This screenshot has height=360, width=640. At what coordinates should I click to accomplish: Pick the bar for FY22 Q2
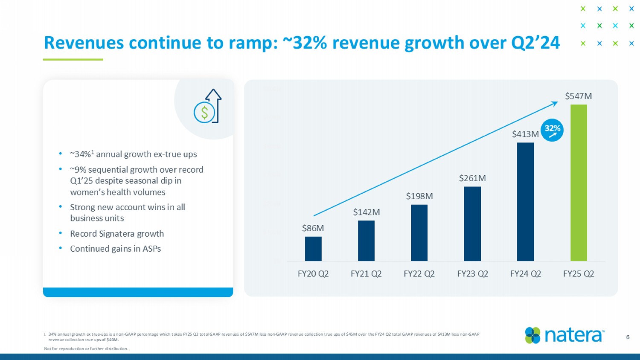click(419, 233)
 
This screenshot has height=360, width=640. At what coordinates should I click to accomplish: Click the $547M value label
click(578, 96)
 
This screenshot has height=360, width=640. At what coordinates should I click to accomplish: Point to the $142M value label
click(366, 212)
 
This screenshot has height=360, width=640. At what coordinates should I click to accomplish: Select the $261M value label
click(472, 178)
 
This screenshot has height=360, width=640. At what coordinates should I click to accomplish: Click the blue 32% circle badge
click(552, 130)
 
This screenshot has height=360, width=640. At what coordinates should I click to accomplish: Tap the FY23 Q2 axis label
click(472, 274)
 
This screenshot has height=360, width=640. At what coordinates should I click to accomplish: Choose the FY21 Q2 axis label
click(366, 274)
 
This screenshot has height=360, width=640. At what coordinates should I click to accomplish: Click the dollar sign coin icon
click(204, 113)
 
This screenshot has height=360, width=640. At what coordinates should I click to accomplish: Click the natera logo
click(564, 336)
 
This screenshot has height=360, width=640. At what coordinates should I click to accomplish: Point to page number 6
click(628, 337)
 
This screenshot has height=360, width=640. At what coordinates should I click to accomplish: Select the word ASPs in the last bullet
click(152, 249)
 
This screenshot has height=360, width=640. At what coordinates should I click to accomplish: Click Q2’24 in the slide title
click(533, 43)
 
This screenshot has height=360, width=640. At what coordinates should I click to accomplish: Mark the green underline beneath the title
click(73, 59)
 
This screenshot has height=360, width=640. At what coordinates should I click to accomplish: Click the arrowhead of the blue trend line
click(555, 103)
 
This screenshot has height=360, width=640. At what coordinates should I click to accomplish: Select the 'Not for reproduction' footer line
click(86, 349)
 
